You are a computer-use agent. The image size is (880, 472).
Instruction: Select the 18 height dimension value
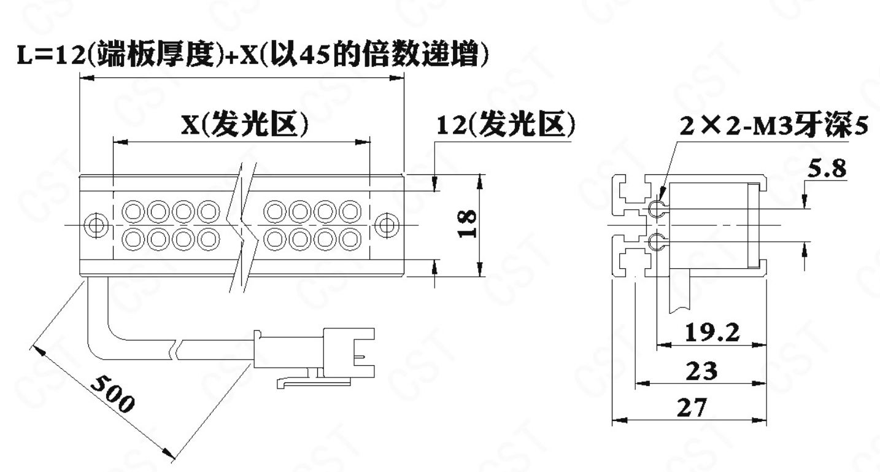[x=468, y=224]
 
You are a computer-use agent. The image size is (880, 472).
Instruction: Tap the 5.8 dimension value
[x=827, y=169]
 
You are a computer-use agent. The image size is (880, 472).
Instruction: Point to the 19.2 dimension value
[x=712, y=332]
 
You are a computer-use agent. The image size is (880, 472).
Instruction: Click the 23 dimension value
[x=701, y=371]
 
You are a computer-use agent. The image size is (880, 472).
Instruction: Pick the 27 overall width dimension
[x=692, y=408]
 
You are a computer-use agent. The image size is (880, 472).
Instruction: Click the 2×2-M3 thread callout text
[x=774, y=125]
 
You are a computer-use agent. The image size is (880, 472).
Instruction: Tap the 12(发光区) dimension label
[x=506, y=125]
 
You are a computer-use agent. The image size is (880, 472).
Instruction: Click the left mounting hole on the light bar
[x=96, y=226]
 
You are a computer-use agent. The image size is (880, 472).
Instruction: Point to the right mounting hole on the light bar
[x=387, y=226]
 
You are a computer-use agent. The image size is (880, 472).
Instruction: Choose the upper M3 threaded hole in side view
[x=658, y=208]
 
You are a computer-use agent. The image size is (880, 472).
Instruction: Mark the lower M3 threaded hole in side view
[x=658, y=241]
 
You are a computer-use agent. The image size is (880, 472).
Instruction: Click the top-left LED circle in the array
[x=133, y=211]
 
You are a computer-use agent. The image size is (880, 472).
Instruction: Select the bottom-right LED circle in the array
[x=350, y=239]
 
